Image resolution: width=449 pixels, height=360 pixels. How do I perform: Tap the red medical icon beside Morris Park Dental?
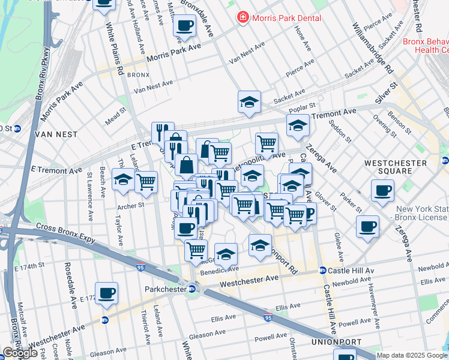tap(243, 17)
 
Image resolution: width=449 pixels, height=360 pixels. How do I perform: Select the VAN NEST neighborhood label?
tap(54, 135)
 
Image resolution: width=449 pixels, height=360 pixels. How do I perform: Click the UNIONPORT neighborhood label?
tap(335, 341)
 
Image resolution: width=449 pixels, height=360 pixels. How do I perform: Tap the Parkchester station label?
tap(166, 289)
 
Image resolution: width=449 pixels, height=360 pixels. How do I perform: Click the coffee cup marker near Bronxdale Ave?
tap(184, 26)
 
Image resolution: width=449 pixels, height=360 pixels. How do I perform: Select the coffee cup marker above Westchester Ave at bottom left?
tap(106, 293)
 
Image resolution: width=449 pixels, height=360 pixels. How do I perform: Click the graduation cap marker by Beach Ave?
tap(123, 180)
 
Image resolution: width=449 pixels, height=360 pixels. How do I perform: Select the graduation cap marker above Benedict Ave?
tap(226, 254)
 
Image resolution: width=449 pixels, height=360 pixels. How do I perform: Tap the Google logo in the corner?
tap(19, 353)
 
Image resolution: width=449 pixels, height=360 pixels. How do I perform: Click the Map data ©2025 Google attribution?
tap(411, 355)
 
